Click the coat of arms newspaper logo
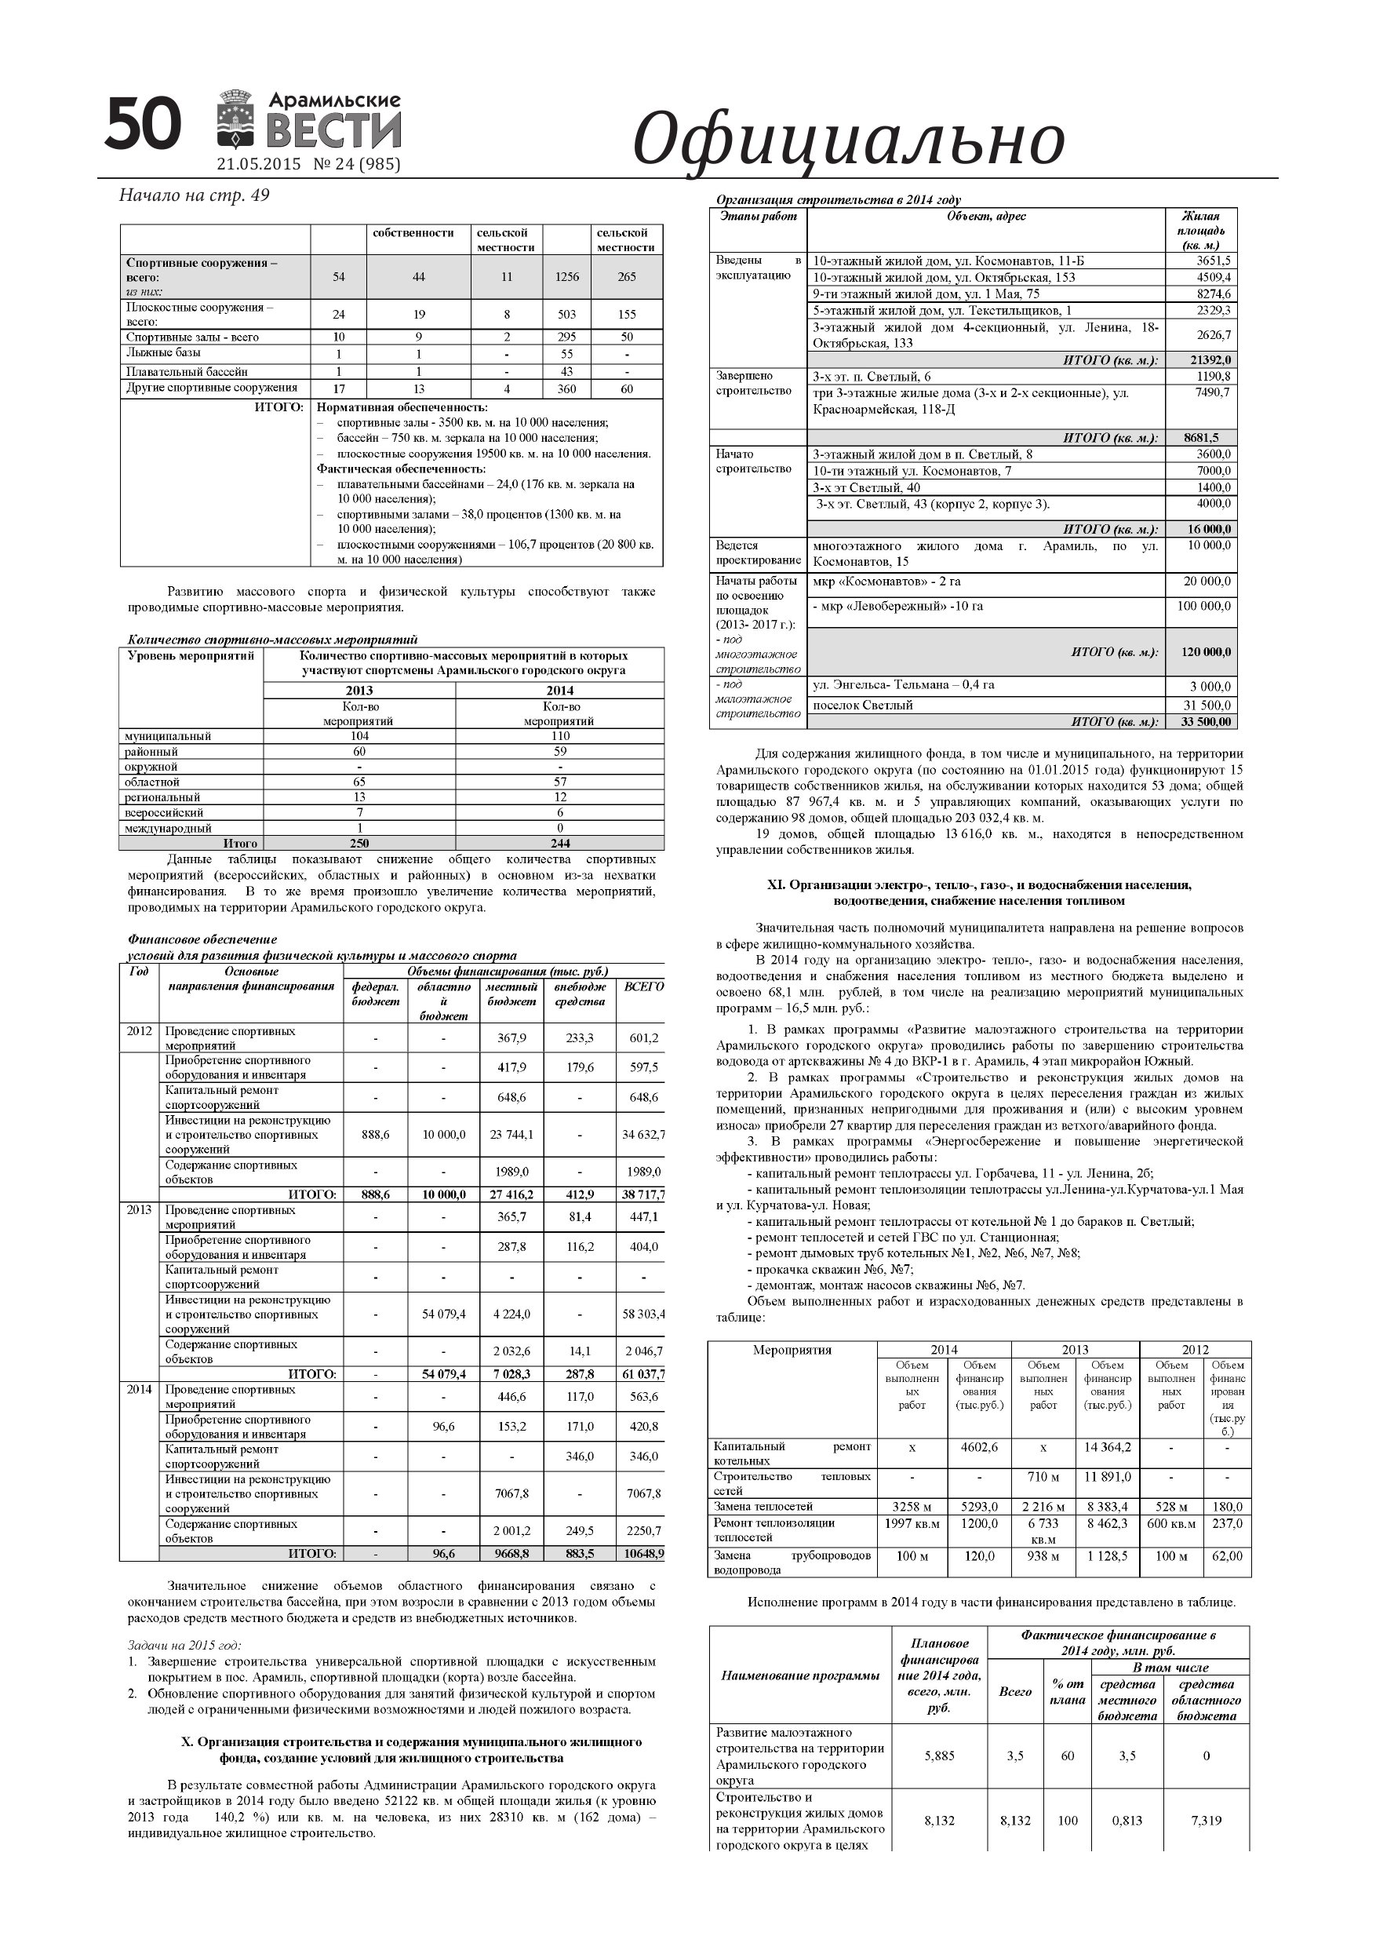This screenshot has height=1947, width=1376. (239, 119)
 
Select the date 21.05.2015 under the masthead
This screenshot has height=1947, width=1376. (259, 165)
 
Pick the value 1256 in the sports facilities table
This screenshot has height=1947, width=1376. (566, 277)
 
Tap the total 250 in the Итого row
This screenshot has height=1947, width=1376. (359, 844)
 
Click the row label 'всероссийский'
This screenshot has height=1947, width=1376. (165, 812)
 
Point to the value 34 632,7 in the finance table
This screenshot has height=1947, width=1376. (643, 1135)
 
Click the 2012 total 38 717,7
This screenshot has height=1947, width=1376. (643, 1195)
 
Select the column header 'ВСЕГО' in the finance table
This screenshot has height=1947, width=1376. (643, 987)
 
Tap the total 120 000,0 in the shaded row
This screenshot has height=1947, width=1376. (1206, 652)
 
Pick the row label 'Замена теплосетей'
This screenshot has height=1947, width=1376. (763, 1507)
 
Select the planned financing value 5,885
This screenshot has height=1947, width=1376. (939, 1756)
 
